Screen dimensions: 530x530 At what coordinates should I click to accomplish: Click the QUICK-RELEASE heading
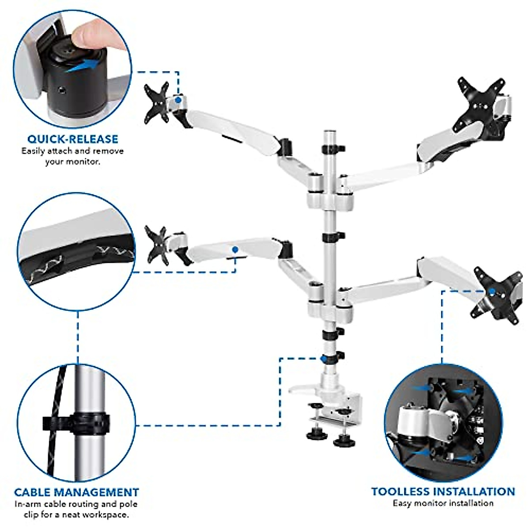pos(73,139)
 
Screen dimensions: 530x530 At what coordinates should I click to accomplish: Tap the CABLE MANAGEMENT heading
pos(76,492)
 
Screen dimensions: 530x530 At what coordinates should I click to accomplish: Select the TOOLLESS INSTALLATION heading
pos(443,492)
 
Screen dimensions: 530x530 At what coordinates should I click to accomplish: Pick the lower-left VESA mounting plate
pos(158,246)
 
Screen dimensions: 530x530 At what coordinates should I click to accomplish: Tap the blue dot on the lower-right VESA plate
pos(492,291)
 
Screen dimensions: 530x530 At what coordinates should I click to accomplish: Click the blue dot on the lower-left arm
pos(235,250)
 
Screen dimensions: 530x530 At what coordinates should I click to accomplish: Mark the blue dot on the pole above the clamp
pos(325,358)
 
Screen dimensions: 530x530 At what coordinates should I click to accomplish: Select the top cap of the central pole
pos(329,132)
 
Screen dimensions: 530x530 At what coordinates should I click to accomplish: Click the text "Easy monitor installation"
pos(443,503)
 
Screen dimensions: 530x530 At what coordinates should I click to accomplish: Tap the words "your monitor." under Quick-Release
pos(73,162)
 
